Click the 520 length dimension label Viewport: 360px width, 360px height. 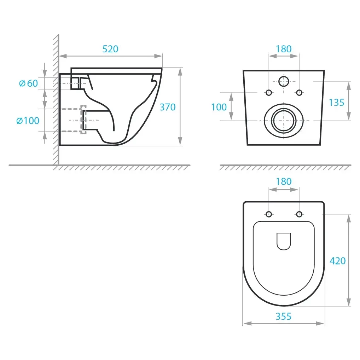(x=110, y=49)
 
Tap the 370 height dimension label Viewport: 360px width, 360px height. (x=168, y=107)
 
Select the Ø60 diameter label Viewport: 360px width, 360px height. (x=29, y=83)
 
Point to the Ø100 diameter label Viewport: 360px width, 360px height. (x=28, y=121)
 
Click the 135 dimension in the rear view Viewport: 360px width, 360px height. (x=336, y=103)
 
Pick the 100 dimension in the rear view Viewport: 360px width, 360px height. (x=219, y=107)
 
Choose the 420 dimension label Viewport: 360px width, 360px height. (x=337, y=261)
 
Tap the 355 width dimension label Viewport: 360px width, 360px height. (x=284, y=317)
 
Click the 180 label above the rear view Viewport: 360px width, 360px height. (x=284, y=49)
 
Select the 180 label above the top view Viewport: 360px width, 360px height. (x=284, y=182)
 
